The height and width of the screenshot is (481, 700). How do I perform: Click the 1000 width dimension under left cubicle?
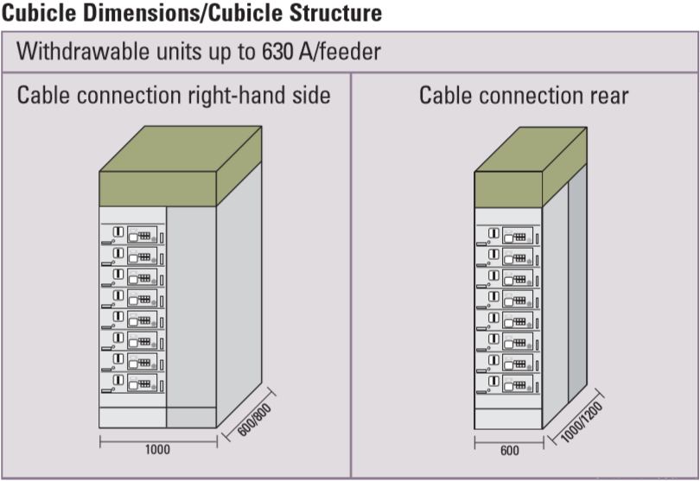point(158,450)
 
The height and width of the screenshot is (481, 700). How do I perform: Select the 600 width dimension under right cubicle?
point(509,450)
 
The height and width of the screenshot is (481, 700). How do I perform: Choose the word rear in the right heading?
point(607,95)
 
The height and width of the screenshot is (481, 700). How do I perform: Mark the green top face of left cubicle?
point(181,149)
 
